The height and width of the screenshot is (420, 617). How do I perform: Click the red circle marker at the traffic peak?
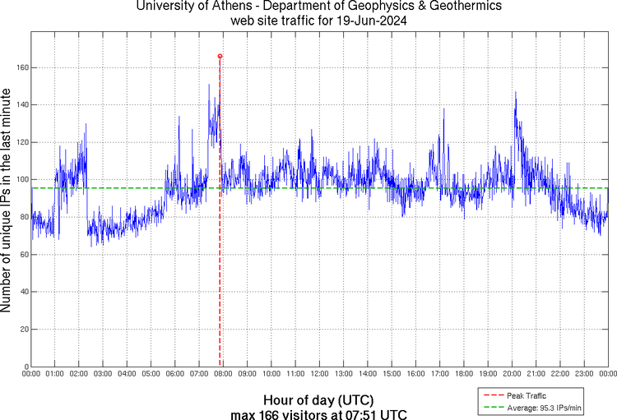pos(220,56)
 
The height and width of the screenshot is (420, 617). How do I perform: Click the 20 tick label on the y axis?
pos(24,329)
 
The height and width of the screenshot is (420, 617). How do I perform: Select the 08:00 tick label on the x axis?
pos(223,374)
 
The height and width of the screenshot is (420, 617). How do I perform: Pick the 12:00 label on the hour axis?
pos(319,374)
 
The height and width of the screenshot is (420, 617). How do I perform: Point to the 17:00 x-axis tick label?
pos(439,374)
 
